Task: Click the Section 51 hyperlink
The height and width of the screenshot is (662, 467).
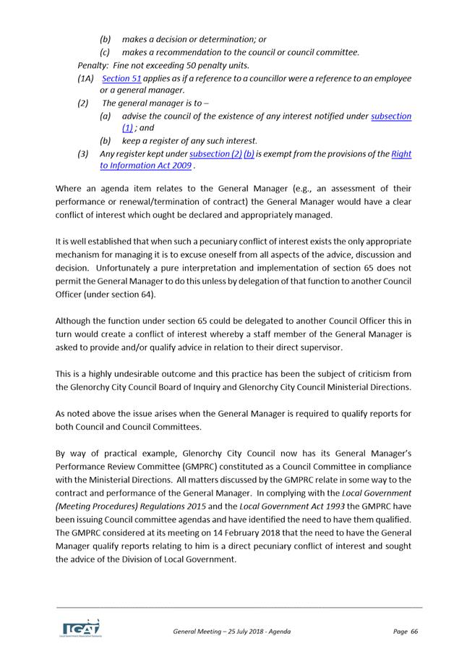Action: pos(121,78)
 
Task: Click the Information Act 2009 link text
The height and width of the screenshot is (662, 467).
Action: pos(145,166)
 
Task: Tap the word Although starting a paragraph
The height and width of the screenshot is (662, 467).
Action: pos(75,319)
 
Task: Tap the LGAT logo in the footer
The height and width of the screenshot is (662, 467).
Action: pos(80,628)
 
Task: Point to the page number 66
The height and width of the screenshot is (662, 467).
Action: pos(414,632)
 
